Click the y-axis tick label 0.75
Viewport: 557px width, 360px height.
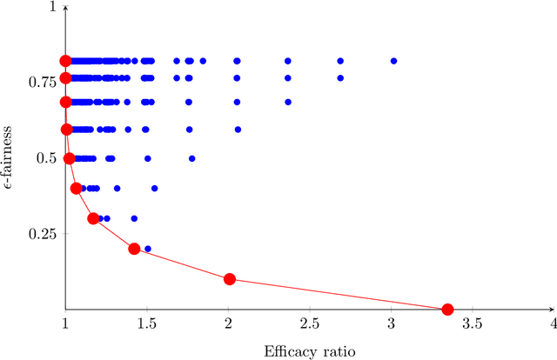pyautogui.click(x=41, y=82)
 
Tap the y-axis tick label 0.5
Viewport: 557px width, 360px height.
pyautogui.click(x=45, y=158)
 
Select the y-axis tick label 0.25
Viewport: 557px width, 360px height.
pyautogui.click(x=41, y=234)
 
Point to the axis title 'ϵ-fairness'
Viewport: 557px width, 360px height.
pyautogui.click(x=11, y=158)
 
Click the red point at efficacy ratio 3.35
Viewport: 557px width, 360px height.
pyautogui.click(x=447, y=310)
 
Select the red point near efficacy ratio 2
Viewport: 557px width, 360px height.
pyautogui.click(x=230, y=279)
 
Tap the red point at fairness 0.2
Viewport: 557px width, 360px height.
pyautogui.click(x=134, y=249)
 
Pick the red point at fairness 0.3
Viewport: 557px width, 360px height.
pyautogui.click(x=93, y=218)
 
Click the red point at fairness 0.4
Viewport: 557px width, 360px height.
pyautogui.click(x=76, y=188)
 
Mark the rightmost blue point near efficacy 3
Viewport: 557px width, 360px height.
pyautogui.click(x=393, y=61)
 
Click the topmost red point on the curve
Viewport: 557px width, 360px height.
pyautogui.click(x=65, y=61)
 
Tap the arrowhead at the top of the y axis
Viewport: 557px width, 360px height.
pyautogui.click(x=65, y=6)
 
